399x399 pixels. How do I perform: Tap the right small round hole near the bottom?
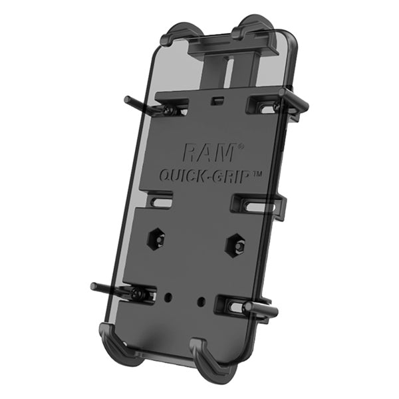tap(201, 301)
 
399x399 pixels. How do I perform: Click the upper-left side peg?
tap(133, 102)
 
